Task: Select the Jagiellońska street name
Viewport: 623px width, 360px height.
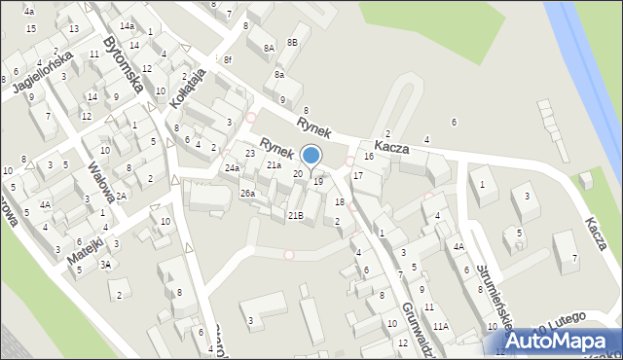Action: pos(43,74)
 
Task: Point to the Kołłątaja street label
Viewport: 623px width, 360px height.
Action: pos(188,89)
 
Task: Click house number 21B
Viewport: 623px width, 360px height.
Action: pos(295,215)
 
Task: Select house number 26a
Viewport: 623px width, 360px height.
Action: pos(247,193)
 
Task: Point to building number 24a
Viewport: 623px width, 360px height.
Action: pos(232,168)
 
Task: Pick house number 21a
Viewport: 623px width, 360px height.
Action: pos(274,165)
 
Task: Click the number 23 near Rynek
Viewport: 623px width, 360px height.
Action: pos(250,153)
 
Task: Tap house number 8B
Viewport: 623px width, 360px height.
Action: pos(292,43)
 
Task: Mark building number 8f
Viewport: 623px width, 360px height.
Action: pos(227,60)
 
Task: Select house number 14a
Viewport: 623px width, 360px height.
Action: pos(128,25)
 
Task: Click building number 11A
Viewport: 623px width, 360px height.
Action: pos(441,326)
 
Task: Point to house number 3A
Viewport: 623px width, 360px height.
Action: pos(106,264)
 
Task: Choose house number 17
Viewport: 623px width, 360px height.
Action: pos(357,175)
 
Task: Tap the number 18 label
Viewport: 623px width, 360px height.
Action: pos(339,201)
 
